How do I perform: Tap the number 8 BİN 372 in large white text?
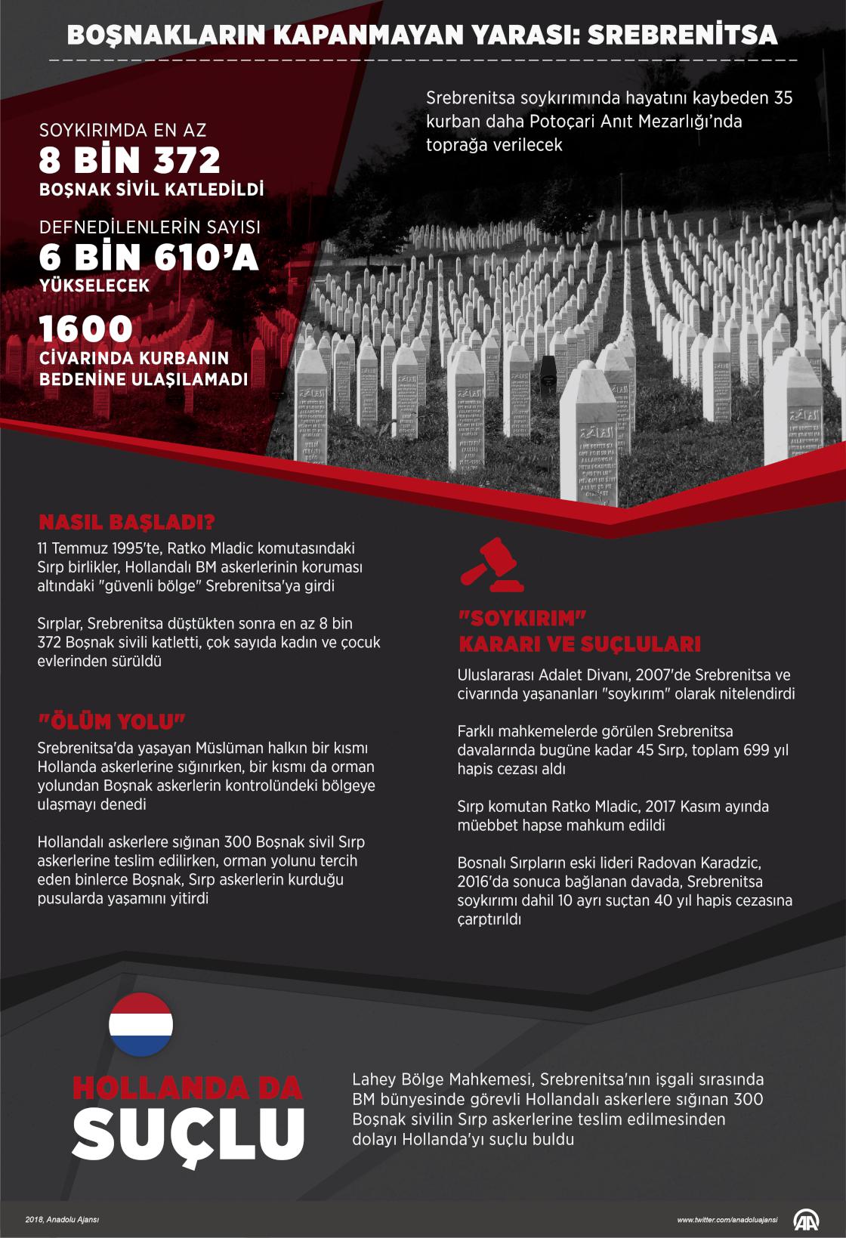pos(130,160)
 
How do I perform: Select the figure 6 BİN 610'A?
pos(149,258)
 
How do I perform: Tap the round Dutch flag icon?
pos(141,1024)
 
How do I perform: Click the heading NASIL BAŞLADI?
pos(127,523)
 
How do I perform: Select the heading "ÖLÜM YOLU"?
pos(112,721)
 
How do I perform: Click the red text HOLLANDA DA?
pos(187,1087)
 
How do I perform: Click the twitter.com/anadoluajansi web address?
pos(727,1220)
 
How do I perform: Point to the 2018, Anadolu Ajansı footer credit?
pos(62,1219)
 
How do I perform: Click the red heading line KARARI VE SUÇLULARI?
pos(580,644)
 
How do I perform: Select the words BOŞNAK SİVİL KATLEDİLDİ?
pos(151,190)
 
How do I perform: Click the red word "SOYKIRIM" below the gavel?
pos(523,619)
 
